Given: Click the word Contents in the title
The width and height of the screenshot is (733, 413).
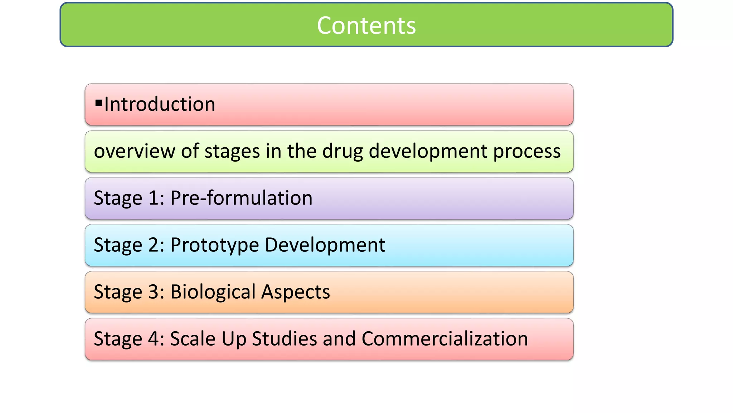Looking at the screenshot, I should (366, 25).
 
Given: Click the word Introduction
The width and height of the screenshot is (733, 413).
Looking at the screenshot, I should (160, 104).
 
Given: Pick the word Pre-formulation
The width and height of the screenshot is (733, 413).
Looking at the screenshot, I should (241, 198).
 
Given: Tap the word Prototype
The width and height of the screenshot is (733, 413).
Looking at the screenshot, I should (214, 245).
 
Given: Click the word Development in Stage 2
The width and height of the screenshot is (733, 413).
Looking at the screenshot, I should (325, 245).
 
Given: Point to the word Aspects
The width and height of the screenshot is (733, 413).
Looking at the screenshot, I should (295, 292).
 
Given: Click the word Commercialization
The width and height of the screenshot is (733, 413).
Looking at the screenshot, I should (445, 339).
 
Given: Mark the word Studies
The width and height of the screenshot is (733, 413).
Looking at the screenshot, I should (284, 339).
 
